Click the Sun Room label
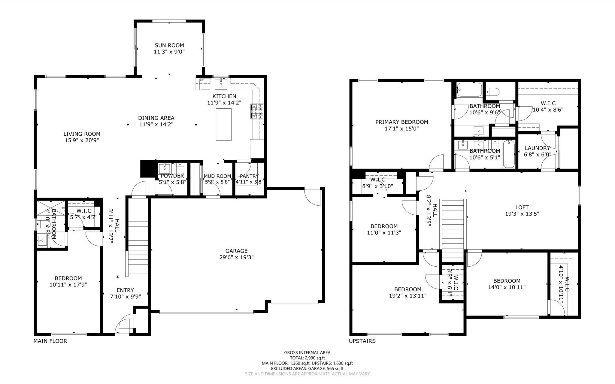(169, 45)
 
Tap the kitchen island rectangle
(224, 124)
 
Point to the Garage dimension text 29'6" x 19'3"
(237, 257)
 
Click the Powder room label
(172, 176)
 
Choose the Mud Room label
(217, 176)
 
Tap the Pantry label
(249, 176)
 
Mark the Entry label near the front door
(125, 290)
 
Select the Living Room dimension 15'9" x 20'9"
(82, 140)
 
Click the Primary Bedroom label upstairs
(402, 122)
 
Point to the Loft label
(522, 207)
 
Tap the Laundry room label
(537, 148)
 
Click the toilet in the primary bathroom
(492, 90)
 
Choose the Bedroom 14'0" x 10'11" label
(507, 281)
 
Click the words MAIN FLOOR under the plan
(50, 341)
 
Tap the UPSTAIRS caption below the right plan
(362, 341)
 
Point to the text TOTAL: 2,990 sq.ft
(307, 358)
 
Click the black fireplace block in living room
(147, 169)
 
